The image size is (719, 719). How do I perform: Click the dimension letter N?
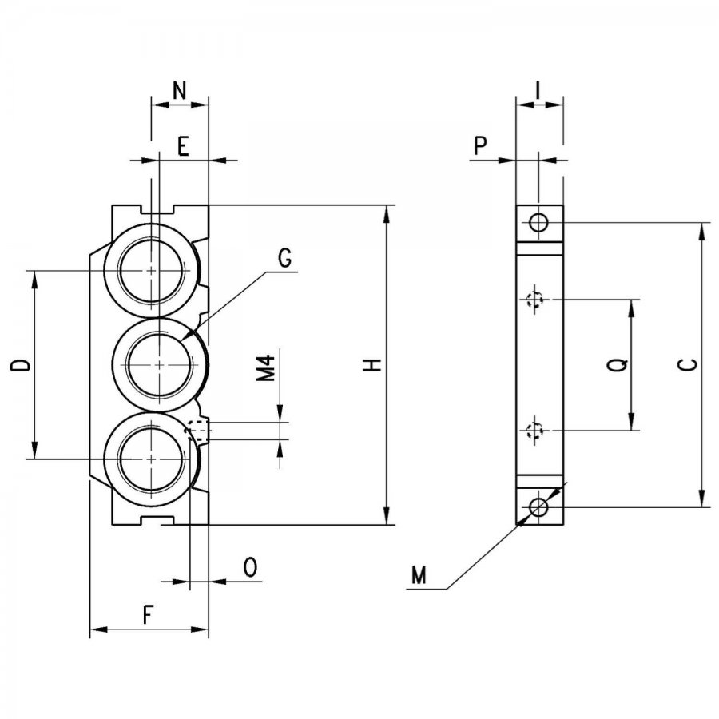(180, 91)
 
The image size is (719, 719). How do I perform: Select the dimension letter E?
(183, 147)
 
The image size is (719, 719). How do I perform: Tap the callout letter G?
(284, 258)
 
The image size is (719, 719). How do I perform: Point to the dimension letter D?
(21, 365)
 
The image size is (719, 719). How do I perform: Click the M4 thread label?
(265, 368)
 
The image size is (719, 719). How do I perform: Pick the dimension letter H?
(373, 365)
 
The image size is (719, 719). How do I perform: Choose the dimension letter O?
(250, 567)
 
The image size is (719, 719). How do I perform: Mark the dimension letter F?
(147, 615)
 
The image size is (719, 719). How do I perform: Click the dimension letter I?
(538, 91)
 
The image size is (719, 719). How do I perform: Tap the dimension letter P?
(480, 146)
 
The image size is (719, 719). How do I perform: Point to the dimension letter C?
(688, 364)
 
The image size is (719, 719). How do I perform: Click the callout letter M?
(419, 575)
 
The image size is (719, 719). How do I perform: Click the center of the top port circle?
(152, 271)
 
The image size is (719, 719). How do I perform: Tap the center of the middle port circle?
(159, 365)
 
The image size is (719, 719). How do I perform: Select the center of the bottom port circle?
(152, 459)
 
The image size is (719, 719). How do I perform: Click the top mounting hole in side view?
(538, 224)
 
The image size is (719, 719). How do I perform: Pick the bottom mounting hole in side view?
(538, 507)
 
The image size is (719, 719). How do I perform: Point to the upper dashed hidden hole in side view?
(534, 300)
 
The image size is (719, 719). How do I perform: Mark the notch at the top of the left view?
(158, 209)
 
